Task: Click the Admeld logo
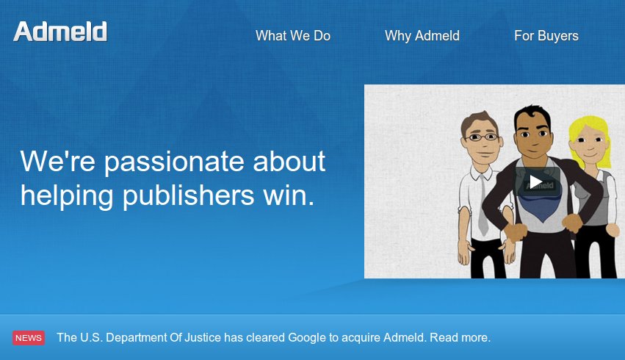60,32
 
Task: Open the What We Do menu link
293,36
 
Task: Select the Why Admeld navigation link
422,36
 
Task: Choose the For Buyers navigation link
546,36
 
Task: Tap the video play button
536,182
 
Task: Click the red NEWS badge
29,338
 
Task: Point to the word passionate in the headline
174,162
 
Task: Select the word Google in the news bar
307,338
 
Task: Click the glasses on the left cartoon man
481,137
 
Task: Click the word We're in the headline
58,161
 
